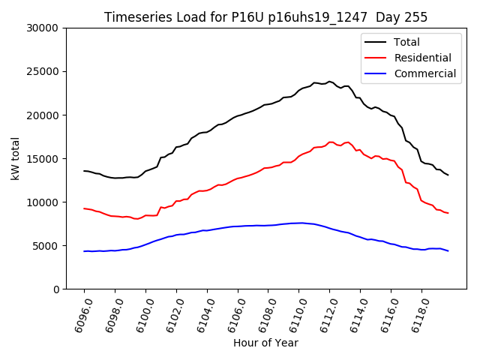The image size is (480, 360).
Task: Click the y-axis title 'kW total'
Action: [x=16, y=158]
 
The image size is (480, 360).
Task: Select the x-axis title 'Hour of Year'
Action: [x=265, y=343]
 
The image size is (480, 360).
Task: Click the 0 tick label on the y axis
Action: [x=56, y=289]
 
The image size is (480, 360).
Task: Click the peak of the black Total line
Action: [x=330, y=81]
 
